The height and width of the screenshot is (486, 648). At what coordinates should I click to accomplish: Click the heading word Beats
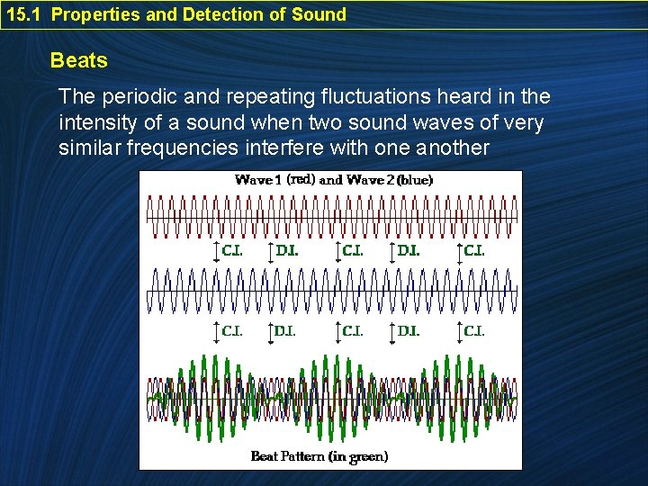[79, 61]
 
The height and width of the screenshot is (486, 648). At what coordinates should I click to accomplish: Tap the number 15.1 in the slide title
[24, 14]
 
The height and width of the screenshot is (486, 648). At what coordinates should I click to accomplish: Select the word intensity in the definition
[98, 121]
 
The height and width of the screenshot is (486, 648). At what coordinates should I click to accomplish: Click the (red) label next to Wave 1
[301, 179]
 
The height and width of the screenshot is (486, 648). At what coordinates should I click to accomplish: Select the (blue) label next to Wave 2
[415, 180]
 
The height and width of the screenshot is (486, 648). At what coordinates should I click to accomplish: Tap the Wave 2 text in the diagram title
[370, 180]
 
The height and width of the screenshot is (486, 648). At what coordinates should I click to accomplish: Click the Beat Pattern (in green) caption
[319, 456]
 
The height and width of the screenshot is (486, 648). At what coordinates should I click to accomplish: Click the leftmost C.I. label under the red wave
[232, 251]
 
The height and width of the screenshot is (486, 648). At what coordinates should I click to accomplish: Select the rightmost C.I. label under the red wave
[473, 251]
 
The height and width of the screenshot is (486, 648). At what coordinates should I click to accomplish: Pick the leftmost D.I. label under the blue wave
[284, 331]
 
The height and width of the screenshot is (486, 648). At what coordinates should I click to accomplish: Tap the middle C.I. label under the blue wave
[353, 331]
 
